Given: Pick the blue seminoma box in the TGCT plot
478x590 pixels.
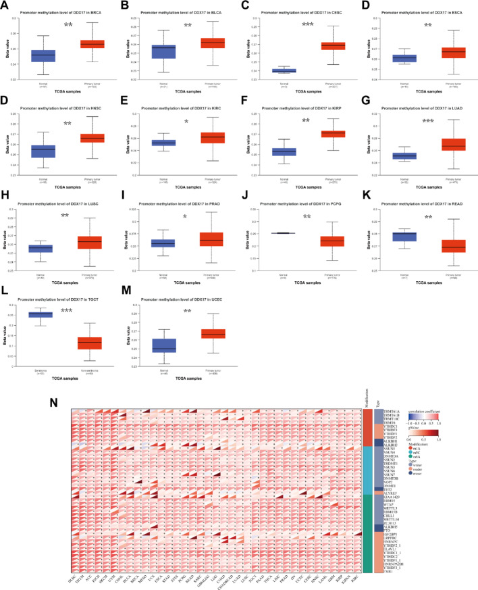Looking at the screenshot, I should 42,314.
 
